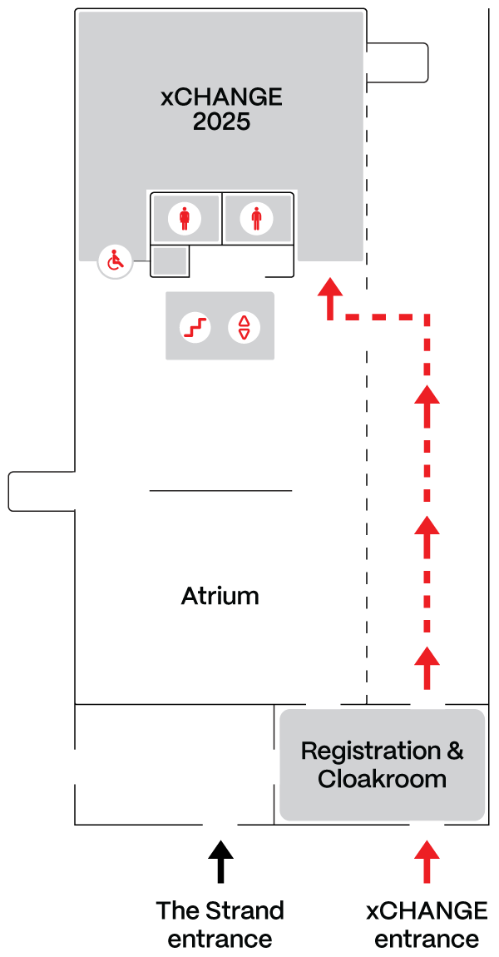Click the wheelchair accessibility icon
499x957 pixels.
pos(116,262)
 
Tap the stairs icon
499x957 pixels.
pos(196,327)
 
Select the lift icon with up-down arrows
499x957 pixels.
pos(244,327)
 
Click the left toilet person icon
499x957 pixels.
pos(185,219)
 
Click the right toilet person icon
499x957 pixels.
pos(256,219)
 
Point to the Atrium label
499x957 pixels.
pos(220,597)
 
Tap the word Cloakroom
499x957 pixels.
pos(382,780)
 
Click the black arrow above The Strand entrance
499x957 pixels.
pos(220,862)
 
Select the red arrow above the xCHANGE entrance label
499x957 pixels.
pos(427,861)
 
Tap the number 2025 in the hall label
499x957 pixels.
pos(221,121)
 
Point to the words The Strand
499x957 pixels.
pos(220,910)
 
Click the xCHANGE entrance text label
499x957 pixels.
pos(427,925)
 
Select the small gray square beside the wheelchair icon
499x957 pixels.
pos(171,261)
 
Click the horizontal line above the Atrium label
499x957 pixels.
pos(220,491)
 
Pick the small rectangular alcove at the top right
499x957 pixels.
pos(398,62)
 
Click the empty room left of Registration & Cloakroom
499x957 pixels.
pos(175,764)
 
